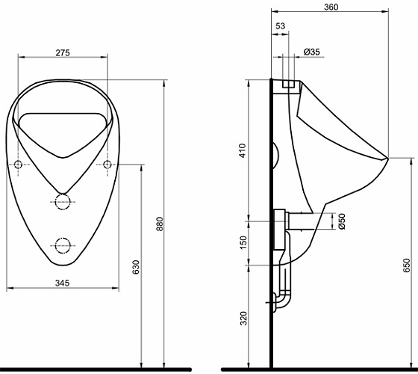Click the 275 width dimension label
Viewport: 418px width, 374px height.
[63, 53]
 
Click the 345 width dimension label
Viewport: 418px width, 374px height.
[63, 283]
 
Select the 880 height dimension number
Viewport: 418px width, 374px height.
[160, 224]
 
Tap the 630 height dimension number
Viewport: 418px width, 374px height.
[136, 267]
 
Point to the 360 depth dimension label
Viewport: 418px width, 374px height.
[331, 7]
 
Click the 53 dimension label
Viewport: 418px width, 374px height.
[280, 26]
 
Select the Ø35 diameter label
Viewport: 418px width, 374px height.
[312, 52]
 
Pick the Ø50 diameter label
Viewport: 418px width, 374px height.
[342, 221]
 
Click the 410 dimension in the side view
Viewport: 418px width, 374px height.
[243, 150]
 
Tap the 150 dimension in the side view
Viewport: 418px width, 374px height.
[243, 242]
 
